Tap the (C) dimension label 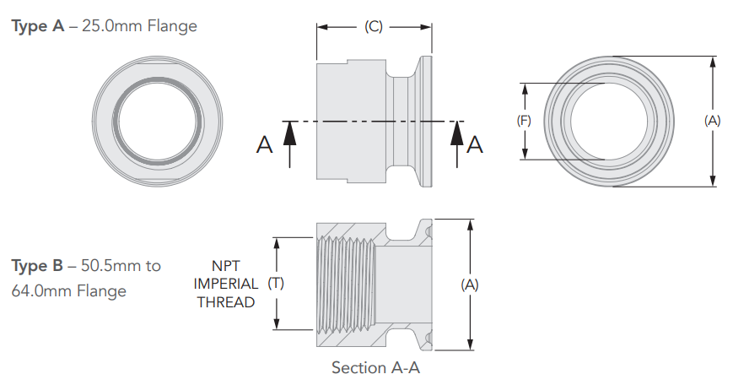[x=374, y=26]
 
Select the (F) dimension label [x=524, y=121]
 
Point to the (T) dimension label [x=276, y=284]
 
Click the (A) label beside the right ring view [x=713, y=121]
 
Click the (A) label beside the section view [x=470, y=285]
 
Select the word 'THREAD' [x=226, y=301]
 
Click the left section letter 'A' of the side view [x=265, y=146]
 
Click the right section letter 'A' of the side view [x=475, y=145]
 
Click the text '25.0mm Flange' [x=139, y=26]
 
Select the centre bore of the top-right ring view [x=608, y=120]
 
